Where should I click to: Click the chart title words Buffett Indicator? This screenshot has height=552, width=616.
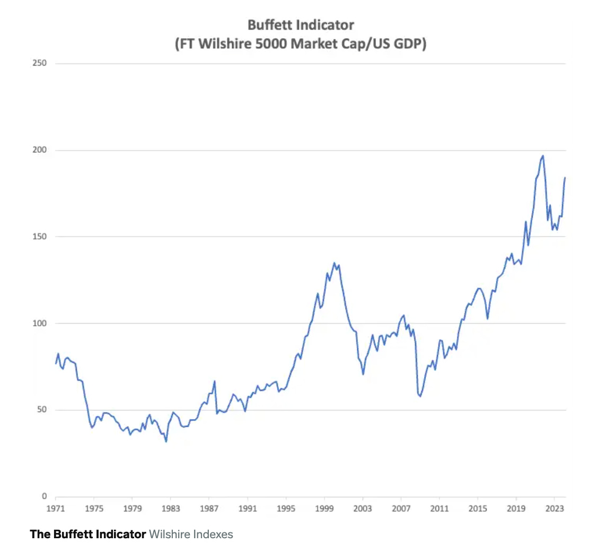coord(301,25)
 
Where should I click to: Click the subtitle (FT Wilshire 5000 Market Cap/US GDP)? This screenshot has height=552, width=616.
coord(301,43)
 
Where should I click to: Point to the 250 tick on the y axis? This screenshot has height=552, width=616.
coord(40,63)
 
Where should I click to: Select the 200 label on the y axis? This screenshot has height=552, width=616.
coord(40,150)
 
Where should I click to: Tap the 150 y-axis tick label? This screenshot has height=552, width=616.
coord(40,236)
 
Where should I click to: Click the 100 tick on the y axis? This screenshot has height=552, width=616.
coord(40,323)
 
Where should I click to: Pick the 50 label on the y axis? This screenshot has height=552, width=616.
coord(41,410)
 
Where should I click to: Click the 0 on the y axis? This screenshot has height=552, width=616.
coord(44,496)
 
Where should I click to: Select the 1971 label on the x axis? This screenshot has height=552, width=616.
coord(56,509)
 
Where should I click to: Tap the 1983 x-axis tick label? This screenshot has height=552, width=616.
coord(171,509)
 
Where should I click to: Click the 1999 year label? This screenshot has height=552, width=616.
coord(324,509)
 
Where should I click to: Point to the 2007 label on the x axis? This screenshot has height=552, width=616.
coord(401,509)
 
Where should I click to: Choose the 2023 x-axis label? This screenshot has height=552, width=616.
coord(555,509)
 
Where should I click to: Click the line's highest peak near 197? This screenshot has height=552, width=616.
coord(543,156)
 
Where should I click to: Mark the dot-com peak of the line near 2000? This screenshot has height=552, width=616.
coord(335,263)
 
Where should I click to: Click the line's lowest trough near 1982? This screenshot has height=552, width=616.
coord(166,441)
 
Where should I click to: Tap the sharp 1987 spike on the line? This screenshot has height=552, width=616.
coord(215,381)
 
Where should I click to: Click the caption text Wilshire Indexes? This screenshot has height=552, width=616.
coord(191,534)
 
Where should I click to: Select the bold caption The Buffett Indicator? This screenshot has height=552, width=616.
coord(87,534)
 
